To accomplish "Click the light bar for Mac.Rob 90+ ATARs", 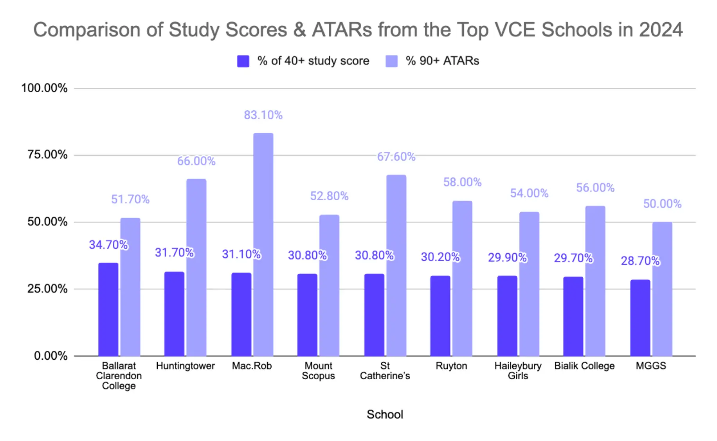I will click(x=263, y=244).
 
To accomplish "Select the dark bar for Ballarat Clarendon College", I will click(x=108, y=309).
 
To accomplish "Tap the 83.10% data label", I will click(x=263, y=115).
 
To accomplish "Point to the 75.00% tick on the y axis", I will click(x=47, y=155).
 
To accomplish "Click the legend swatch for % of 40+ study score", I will click(x=243, y=61).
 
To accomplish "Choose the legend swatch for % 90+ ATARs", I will click(x=391, y=61).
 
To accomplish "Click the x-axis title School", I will click(x=384, y=414).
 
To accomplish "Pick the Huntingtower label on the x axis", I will click(x=185, y=366).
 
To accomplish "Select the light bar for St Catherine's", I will click(x=396, y=265).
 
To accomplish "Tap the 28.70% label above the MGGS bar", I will click(x=640, y=261).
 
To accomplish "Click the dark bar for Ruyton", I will click(x=440, y=316).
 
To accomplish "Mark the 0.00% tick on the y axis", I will click(x=50, y=356).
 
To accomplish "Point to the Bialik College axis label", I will click(x=584, y=366).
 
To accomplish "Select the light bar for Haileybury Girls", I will click(x=529, y=284).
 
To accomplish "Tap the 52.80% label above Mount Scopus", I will click(x=329, y=196).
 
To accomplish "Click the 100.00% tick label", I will click(x=44, y=88).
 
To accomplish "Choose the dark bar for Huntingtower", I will click(x=174, y=314).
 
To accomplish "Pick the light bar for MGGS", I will click(x=662, y=289).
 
